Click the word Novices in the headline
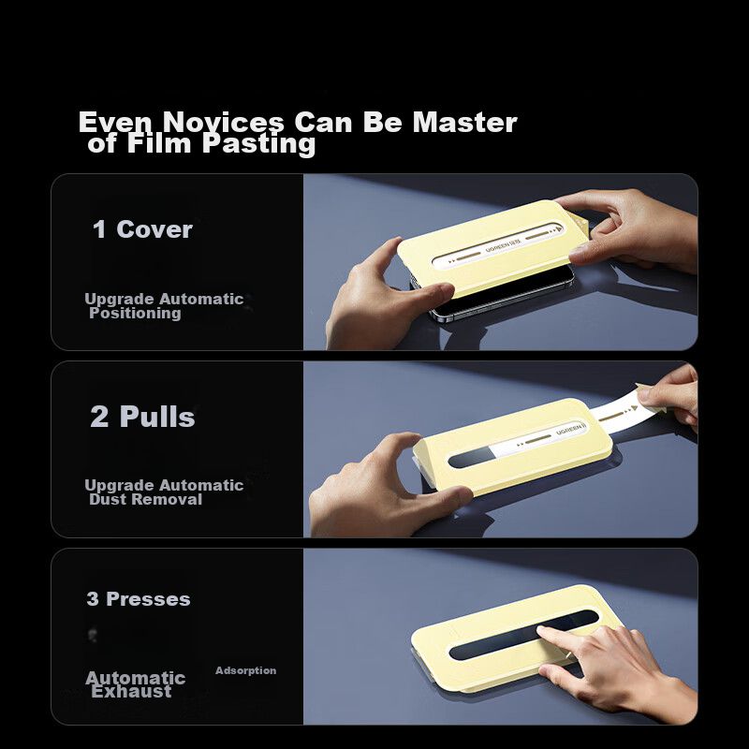coord(223,123)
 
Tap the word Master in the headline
coord(464,123)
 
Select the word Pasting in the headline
coord(259,144)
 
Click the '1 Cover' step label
coord(142,229)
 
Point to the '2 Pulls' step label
coord(142,417)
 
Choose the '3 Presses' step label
coord(139,599)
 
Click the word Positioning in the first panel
coord(135,314)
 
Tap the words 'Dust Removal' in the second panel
coord(146,500)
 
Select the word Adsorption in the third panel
coord(245,670)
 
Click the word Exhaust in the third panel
coord(131,692)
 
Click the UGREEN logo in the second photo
coord(570,429)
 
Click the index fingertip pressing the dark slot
coord(542,632)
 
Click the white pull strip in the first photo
coord(498,245)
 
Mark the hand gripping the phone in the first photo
coord(387,297)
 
